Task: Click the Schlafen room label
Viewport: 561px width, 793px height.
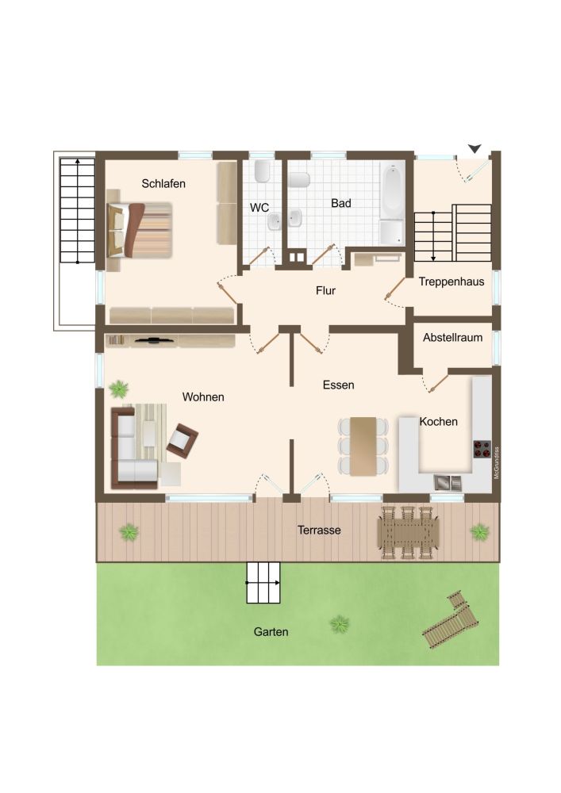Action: [163, 184]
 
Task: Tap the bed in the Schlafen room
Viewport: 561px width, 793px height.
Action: [139, 230]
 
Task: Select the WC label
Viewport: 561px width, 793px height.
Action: [259, 208]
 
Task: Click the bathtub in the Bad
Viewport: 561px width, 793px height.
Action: [391, 193]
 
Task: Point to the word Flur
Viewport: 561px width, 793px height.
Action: [325, 291]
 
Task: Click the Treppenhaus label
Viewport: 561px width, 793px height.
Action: [451, 282]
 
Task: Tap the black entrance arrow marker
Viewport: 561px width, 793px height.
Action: [475, 148]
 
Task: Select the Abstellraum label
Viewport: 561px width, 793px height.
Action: [452, 337]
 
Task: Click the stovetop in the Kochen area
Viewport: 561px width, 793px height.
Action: [482, 449]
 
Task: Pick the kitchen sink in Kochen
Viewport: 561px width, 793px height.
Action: [448, 481]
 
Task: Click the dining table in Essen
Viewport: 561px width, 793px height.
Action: [364, 446]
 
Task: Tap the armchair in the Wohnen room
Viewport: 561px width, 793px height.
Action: [183, 440]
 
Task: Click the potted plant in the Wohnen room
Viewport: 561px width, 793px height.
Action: [119, 389]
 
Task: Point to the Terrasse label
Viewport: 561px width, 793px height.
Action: [319, 530]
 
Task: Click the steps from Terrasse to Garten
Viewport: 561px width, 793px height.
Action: [264, 584]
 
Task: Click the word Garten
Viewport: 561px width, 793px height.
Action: [271, 632]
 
